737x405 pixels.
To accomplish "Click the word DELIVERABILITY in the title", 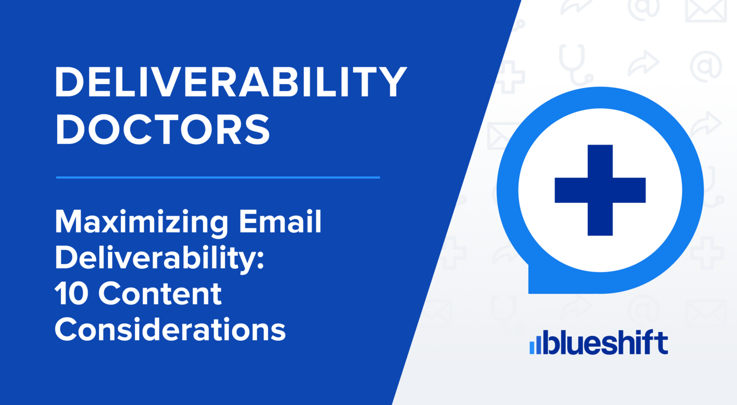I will pos(230,82).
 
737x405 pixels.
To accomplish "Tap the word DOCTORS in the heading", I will pos(162,129).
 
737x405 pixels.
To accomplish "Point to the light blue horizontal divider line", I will pos(218,178).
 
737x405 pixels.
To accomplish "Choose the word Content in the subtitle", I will pos(160,294).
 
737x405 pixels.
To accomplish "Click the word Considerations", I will pos(170,329).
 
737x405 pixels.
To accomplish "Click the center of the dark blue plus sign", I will pos(600,190).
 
